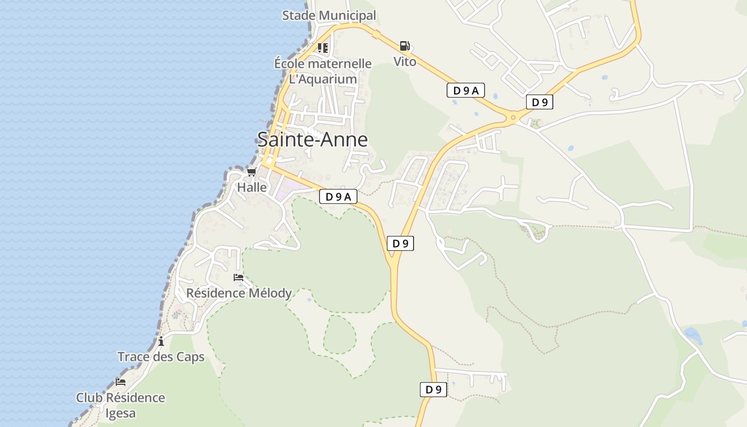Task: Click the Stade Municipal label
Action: point(329,15)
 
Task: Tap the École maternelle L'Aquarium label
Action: point(323,72)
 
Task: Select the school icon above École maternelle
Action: point(323,48)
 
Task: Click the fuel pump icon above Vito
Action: point(405,46)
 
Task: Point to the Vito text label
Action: point(405,62)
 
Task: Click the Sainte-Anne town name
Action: point(313,139)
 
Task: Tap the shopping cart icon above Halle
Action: point(252,172)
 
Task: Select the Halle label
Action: point(252,187)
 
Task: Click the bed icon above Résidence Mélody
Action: point(239,278)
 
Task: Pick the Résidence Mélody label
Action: point(239,293)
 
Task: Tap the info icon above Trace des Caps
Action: point(161,342)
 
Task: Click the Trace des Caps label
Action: point(161,357)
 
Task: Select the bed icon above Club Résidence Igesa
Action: point(121,382)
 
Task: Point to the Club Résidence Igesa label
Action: point(121,405)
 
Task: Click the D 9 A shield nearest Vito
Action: point(465,91)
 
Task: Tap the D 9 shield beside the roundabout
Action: point(539,102)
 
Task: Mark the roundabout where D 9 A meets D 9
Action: point(513,117)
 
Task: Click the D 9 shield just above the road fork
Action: point(400,243)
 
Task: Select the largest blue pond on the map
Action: point(693,336)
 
